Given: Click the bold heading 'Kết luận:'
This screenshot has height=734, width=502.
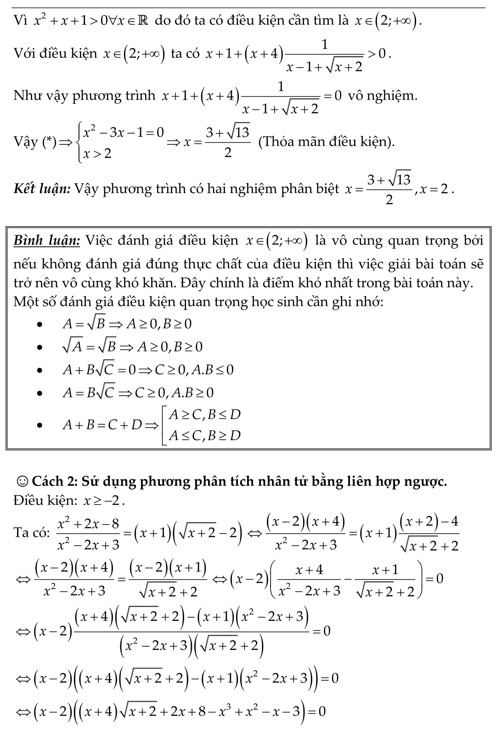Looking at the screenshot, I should (x=41, y=188).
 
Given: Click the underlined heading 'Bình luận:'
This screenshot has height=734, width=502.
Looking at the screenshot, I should (x=47, y=240).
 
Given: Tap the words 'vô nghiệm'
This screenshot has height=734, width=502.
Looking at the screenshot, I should (x=383, y=96).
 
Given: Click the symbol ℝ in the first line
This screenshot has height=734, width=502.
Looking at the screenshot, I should (x=142, y=20).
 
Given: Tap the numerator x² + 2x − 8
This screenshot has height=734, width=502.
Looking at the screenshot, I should (x=88, y=523).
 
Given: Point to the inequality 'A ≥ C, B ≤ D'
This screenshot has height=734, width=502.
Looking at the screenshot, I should (x=204, y=415).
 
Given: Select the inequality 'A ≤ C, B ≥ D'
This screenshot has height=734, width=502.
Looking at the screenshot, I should (x=204, y=435).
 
